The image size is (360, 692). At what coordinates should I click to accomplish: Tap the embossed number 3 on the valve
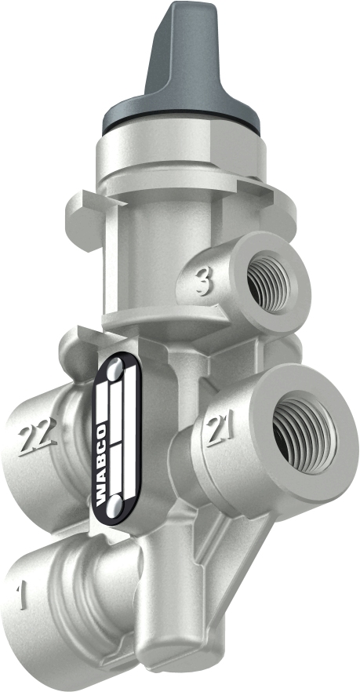[x=202, y=282]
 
